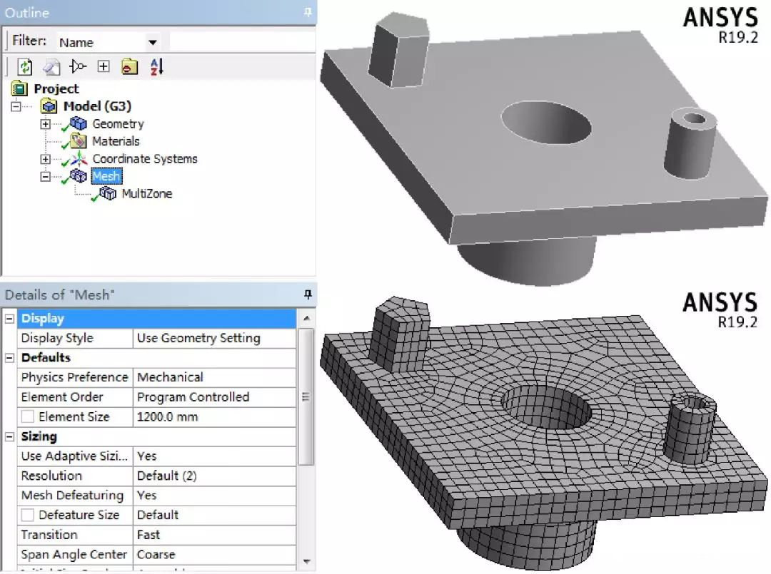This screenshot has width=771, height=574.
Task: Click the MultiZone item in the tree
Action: [146, 193]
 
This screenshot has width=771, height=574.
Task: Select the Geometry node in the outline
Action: [118, 124]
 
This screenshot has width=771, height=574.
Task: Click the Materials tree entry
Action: [116, 141]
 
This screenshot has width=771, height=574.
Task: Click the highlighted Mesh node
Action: [106, 176]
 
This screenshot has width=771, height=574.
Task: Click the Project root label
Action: [56, 89]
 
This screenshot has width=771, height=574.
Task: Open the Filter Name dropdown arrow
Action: [152, 43]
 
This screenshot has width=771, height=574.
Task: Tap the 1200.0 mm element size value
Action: [167, 417]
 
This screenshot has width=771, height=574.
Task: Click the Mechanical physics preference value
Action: [170, 377]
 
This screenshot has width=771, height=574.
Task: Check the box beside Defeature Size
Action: [27, 515]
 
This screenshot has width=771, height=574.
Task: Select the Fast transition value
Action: [148, 535]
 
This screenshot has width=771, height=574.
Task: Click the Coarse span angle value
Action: [156, 555]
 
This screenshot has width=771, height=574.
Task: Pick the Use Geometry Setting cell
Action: [198, 338]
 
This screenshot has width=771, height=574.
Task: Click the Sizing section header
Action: [39, 436]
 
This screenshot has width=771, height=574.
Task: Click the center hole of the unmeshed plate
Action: [546, 123]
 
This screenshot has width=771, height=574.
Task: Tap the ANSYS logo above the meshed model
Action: [719, 302]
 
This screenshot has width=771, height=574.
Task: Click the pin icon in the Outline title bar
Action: [308, 12]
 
